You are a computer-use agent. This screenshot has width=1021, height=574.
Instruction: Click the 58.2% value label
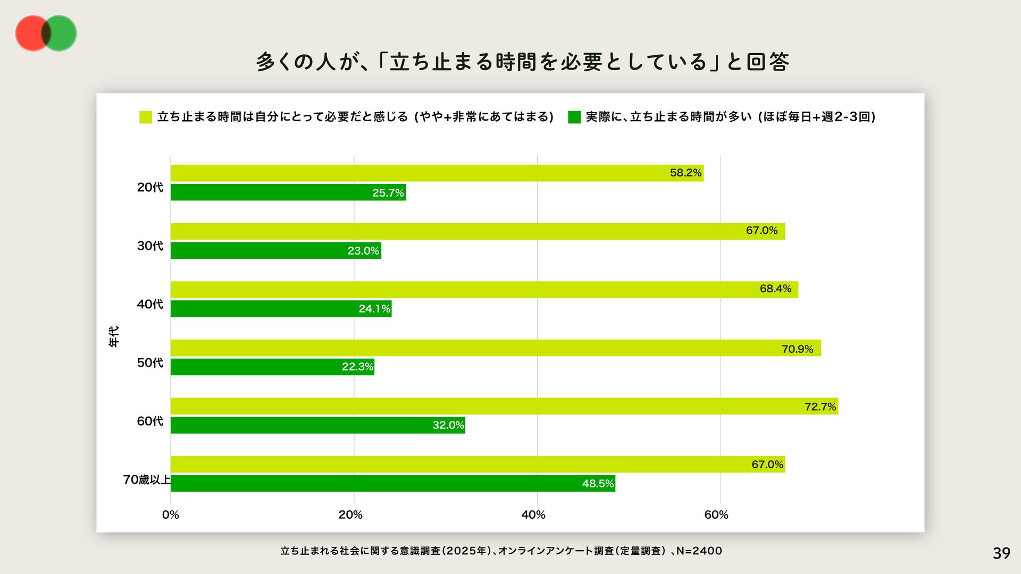(685, 173)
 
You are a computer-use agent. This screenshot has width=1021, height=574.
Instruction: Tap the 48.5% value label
(598, 484)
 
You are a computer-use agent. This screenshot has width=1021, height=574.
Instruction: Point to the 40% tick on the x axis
(533, 514)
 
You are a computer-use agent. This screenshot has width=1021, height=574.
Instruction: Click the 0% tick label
(170, 514)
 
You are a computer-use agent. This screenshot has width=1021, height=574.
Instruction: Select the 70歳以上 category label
(147, 479)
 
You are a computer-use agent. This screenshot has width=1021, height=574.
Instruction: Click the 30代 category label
(150, 246)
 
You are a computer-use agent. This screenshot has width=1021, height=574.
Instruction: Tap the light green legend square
(146, 117)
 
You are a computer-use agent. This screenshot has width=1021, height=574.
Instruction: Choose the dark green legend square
(574, 117)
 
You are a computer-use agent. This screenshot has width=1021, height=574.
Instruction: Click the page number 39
(1001, 553)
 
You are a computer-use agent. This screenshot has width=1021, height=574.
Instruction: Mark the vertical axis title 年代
(114, 336)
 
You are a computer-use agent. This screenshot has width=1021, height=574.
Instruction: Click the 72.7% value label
(820, 407)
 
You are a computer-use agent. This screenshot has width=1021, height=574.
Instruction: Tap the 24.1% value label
(374, 309)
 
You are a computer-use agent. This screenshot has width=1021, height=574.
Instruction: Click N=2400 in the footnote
(699, 551)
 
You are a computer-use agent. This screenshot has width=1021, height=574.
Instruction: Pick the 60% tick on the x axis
(716, 514)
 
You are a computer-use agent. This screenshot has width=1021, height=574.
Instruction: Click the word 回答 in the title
(767, 62)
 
